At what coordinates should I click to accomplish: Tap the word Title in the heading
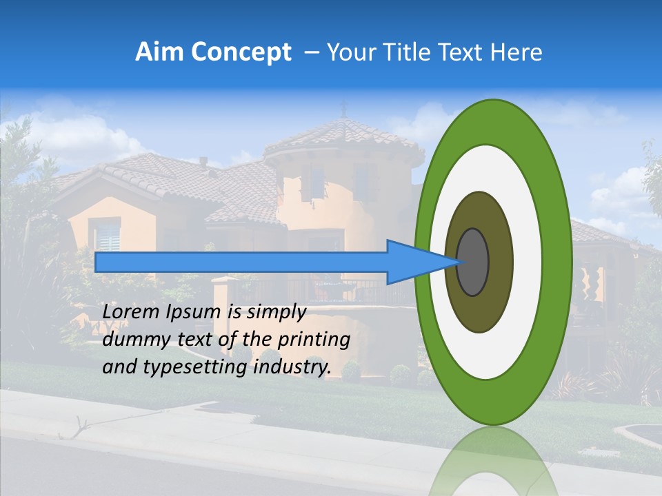click(421, 52)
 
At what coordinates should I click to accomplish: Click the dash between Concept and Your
click(312, 53)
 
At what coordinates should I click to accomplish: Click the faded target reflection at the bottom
click(493, 462)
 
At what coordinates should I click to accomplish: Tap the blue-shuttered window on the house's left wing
click(107, 236)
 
